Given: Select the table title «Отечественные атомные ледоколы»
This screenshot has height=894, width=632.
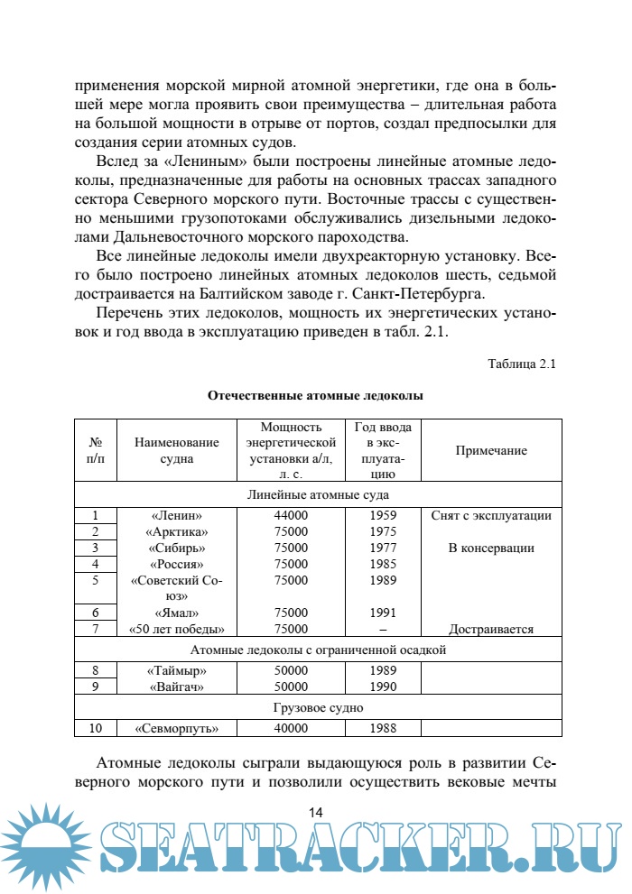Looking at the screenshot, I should tap(315, 395).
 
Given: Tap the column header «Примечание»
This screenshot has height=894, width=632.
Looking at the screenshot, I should tap(491, 451).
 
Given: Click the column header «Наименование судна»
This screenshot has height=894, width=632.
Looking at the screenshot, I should tap(177, 450).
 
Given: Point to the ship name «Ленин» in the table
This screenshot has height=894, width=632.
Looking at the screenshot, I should tap(177, 516).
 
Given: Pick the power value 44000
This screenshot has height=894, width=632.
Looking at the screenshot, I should tap(291, 516).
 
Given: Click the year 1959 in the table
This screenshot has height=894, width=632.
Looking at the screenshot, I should tap(384, 516).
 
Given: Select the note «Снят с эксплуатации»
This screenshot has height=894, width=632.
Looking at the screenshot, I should tap(491, 516).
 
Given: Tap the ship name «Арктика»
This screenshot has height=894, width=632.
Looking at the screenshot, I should tap(177, 532).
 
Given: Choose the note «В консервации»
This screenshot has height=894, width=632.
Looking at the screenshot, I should tap(491, 548).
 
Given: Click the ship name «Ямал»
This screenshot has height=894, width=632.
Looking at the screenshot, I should tap(177, 613).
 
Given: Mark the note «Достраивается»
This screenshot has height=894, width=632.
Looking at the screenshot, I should tap(491, 630).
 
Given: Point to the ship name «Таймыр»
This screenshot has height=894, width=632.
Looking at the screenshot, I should tap(177, 671).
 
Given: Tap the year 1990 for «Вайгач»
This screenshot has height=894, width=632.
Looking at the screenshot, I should tap(384, 687).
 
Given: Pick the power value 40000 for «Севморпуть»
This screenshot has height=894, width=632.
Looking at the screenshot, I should tap(291, 728).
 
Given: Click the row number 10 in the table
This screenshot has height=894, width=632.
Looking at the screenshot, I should tap(96, 728).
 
